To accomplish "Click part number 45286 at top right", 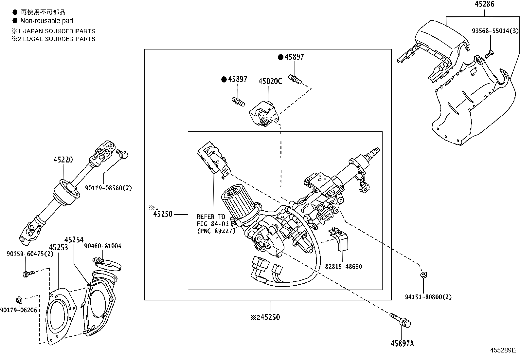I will pos(484,4).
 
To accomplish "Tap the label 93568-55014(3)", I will pos(495,31).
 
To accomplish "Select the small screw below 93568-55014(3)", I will pos(489,54).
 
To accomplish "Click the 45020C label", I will pos(270,81).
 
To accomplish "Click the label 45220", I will pos(63,160).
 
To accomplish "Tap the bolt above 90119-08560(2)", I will pos(122,154).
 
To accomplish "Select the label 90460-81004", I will pos(102,246).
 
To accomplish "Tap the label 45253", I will pos(59,247).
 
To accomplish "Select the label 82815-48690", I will pos(343,266).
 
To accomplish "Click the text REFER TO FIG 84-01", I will pos(211,220).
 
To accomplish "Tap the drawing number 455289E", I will pos(503,350).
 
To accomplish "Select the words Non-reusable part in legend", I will pos(47,21).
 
